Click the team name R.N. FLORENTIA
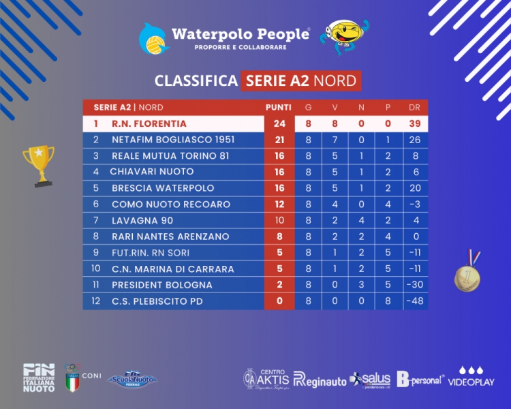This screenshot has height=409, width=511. pos(149,124)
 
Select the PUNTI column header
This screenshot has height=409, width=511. pos(279,108)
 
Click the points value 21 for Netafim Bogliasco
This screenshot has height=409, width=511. pos(279,140)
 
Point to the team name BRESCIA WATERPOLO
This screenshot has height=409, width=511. pos(162,188)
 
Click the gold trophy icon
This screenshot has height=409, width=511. pos(37,165)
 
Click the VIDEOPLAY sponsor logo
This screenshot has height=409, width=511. pos(471,377)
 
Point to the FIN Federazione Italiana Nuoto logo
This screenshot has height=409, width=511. pos(39,377)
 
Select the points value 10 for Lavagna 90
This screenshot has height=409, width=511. pos(279,220)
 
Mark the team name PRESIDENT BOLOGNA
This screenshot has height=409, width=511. pos(162,285)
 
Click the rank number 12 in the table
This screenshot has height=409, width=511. pos(96,301)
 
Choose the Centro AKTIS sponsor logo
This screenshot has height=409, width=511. pos(267,377)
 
